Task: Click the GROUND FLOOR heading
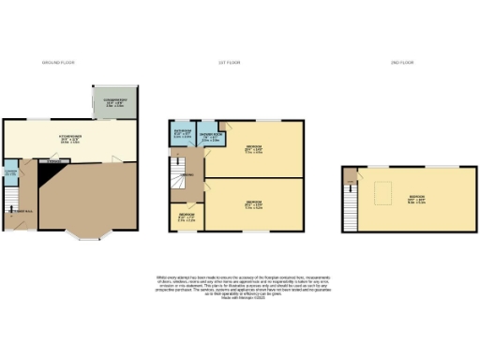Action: tap(58, 62)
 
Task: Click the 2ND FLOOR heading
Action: tap(399, 62)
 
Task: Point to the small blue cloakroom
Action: tap(10, 172)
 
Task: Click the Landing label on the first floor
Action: tap(188, 175)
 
